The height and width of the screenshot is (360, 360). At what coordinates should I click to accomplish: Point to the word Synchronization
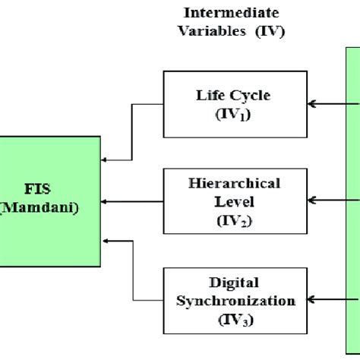click(x=235, y=301)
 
